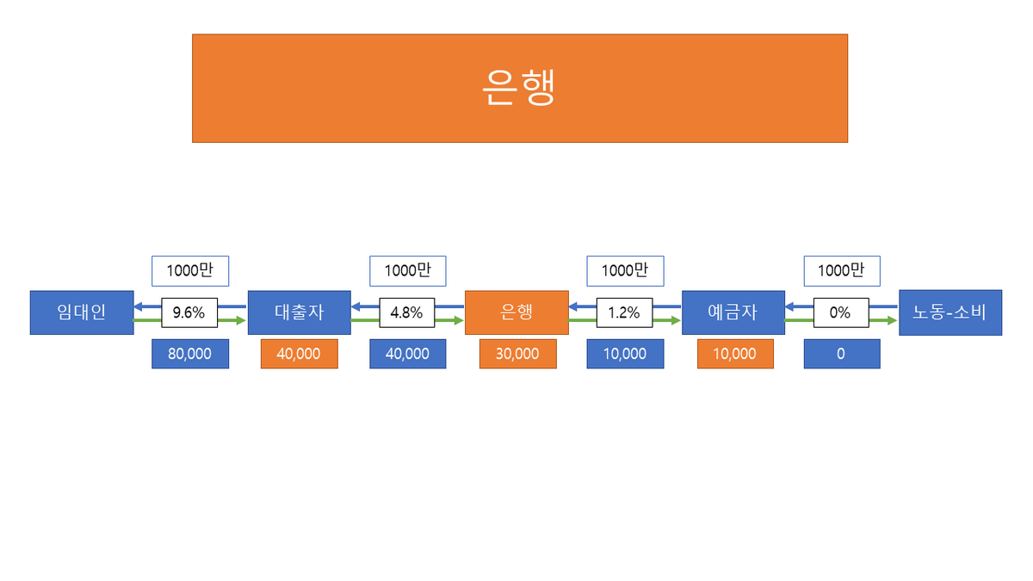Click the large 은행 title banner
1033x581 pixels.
tap(519, 88)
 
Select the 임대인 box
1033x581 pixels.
tap(82, 312)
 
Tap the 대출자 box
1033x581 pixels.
tap(299, 312)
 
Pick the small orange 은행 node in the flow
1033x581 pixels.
tap(516, 312)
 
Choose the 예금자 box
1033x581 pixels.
tap(733, 312)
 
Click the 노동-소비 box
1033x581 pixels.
tap(950, 312)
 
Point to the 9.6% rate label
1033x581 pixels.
tap(189, 312)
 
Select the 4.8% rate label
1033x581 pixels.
tap(406, 312)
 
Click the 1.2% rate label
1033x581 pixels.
tap(624, 312)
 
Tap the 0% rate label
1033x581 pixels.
tap(840, 312)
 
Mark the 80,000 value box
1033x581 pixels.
tap(190, 354)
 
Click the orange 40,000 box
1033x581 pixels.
tap(299, 354)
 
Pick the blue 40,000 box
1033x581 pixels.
tap(407, 354)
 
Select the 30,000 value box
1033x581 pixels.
tap(517, 354)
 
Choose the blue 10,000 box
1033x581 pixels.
tap(625, 354)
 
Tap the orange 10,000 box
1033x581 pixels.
tap(734, 354)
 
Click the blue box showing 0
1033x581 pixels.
tap(842, 354)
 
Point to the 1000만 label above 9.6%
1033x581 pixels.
tap(190, 270)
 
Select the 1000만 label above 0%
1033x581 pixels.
tap(842, 270)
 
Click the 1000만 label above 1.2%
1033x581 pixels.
tap(625, 270)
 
